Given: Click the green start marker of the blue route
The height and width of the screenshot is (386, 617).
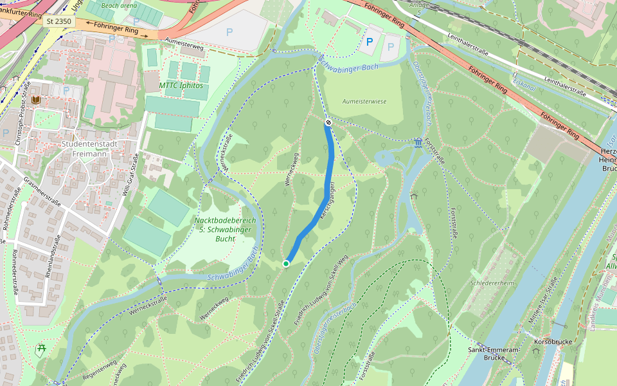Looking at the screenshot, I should point(285,263).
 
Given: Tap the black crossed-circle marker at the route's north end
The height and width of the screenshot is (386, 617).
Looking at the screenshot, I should point(328,122).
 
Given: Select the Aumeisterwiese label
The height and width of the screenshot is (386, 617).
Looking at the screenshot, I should point(364,102).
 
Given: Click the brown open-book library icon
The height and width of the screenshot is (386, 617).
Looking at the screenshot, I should point(35,100).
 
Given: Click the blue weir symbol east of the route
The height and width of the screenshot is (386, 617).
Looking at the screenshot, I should point(419,142).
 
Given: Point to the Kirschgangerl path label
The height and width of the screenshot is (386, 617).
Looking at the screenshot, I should point(332,198).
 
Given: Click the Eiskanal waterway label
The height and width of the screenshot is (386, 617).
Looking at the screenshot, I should point(524,81).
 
